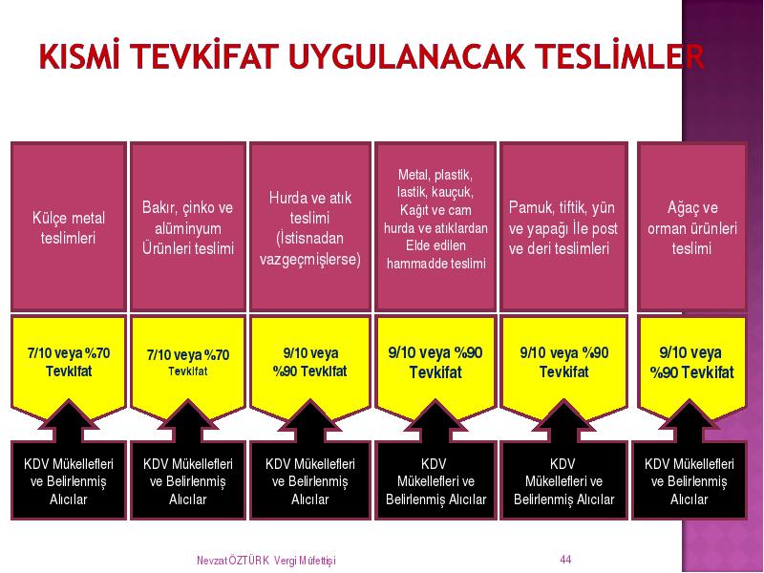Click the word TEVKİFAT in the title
pyautogui.click(x=204, y=55)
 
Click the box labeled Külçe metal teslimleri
pyautogui.click(x=69, y=227)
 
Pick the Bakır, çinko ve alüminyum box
pyautogui.click(x=188, y=227)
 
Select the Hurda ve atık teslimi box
pyautogui.click(x=309, y=227)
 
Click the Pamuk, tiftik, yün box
pyautogui.click(x=563, y=227)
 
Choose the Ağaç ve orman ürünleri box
pyautogui.click(x=691, y=227)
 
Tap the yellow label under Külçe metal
pyautogui.click(x=69, y=363)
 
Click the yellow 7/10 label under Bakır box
pyautogui.click(x=188, y=363)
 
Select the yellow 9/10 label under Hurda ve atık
pyautogui.click(x=309, y=363)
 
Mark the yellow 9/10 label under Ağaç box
pyautogui.click(x=691, y=363)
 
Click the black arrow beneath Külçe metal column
pyautogui.click(x=69, y=421)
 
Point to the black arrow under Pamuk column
pyautogui.click(x=563, y=421)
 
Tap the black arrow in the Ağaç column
pyautogui.click(x=689, y=421)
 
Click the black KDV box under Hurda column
pyautogui.click(x=309, y=480)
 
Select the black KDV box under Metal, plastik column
pyautogui.click(x=435, y=480)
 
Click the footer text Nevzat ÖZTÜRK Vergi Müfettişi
pyautogui.click(x=266, y=561)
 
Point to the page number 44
pyautogui.click(x=565, y=560)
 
